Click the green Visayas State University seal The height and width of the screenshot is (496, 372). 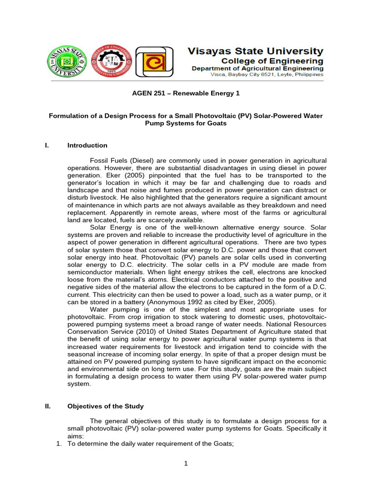67,64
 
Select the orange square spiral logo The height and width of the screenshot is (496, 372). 154,64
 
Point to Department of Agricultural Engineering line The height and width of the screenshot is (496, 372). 258,69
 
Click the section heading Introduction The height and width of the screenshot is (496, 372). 87,145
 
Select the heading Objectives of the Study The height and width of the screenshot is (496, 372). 106,406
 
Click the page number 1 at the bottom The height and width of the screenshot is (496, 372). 186,463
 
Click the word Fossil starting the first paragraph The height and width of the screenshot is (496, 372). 99,160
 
